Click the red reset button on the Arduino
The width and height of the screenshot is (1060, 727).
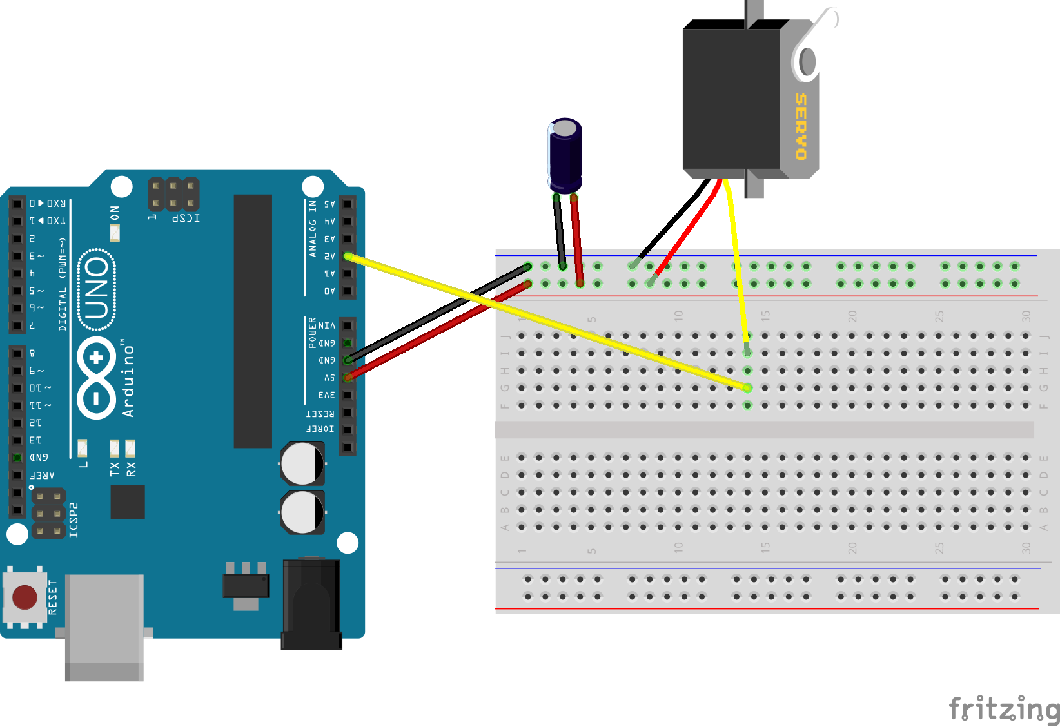pyautogui.click(x=25, y=597)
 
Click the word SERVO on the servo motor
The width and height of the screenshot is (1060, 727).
pyautogui.click(x=801, y=126)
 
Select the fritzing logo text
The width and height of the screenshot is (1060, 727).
pyautogui.click(x=1003, y=708)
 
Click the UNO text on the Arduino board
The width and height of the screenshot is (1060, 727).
pyautogui.click(x=97, y=289)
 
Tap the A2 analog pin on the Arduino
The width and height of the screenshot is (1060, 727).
pyautogui.click(x=348, y=256)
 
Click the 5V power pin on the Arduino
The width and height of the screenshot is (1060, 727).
pyautogui.click(x=348, y=378)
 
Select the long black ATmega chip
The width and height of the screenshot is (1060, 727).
pyautogui.click(x=253, y=321)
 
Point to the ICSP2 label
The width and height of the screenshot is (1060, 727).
pyautogui.click(x=74, y=519)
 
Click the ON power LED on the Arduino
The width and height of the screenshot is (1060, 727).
pyautogui.click(x=115, y=232)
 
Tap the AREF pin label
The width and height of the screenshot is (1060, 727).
pyautogui.click(x=43, y=476)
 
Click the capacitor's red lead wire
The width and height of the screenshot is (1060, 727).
pyautogui.click(x=577, y=238)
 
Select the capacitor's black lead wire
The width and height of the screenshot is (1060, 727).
pyautogui.click(x=560, y=232)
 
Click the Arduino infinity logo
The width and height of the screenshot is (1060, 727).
pyautogui.click(x=97, y=378)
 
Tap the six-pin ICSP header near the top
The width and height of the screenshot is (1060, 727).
pyautogui.click(x=173, y=195)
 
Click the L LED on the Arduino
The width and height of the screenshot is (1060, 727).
pyautogui.click(x=83, y=447)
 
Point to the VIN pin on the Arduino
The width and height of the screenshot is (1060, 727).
pyautogui.click(x=348, y=325)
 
